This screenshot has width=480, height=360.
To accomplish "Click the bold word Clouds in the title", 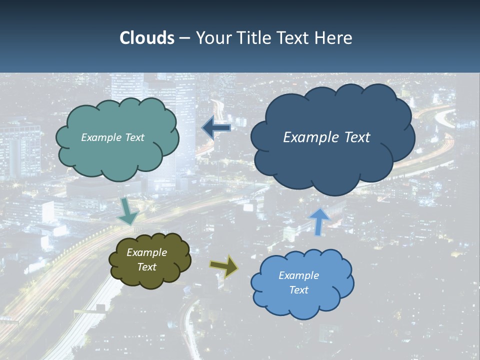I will coord(146,38).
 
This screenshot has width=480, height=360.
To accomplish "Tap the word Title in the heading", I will coord(255,38).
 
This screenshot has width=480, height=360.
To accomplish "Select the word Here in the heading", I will coord(334,38).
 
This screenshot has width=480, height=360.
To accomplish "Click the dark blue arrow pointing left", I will coord(216,127).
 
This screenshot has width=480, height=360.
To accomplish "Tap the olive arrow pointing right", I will coord(224,266).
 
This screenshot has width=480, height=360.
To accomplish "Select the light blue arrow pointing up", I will coord(319,221).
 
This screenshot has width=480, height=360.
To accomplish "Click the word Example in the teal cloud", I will coord(101,137).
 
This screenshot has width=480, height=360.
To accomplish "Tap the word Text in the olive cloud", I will coord(147,267).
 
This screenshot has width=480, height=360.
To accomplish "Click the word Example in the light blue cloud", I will coord(298,275).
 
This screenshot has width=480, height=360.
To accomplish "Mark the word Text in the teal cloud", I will coord(134,137).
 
